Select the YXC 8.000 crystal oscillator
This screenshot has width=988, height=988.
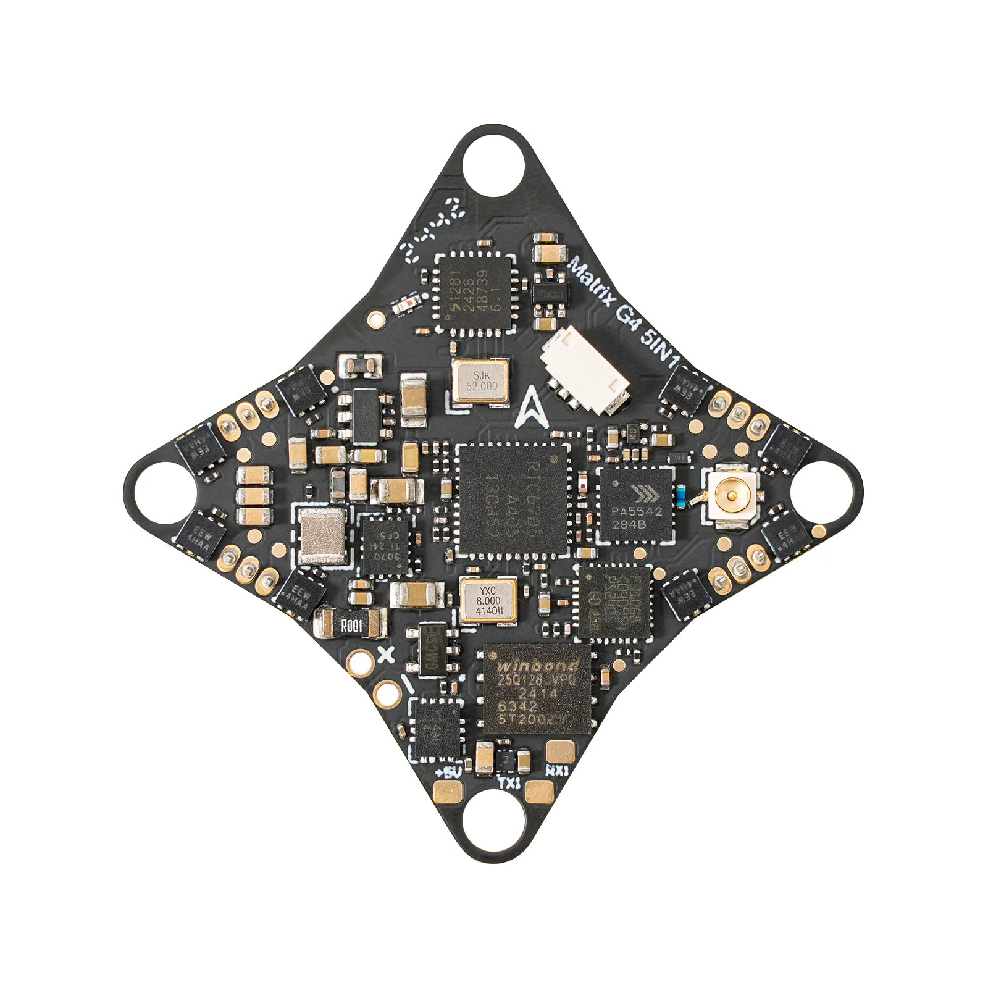(x=488, y=598)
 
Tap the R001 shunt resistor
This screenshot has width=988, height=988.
(x=350, y=624)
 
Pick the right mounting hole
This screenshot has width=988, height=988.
(x=826, y=494)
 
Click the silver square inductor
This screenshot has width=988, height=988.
(x=322, y=535)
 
